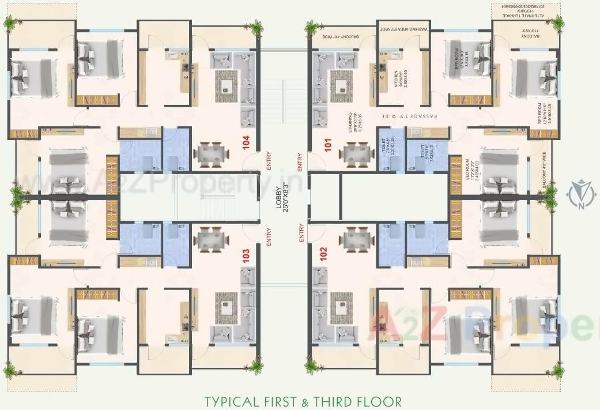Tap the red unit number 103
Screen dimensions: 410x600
pos(247,255)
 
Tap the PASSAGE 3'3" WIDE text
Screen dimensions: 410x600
pos(409,116)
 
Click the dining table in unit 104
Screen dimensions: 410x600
pos(210,155)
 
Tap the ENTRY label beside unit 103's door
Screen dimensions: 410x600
pos(269,238)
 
